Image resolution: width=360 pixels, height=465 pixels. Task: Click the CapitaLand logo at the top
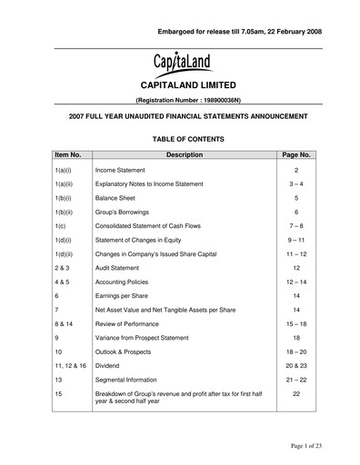coord(180,64)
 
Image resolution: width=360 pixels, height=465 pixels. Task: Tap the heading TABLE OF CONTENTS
coord(180,139)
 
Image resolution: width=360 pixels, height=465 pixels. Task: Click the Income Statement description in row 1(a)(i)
coord(125,171)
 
